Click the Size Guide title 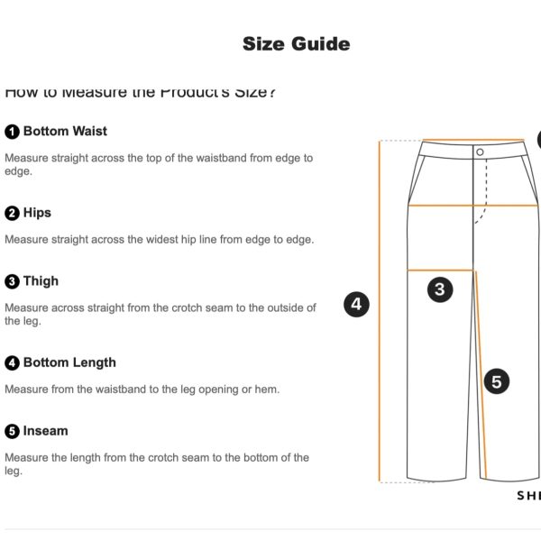[x=296, y=43]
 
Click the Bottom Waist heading [x=65, y=131]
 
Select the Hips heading [x=37, y=213]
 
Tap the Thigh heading [x=41, y=281]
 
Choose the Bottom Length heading [x=69, y=362]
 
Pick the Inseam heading [x=45, y=431]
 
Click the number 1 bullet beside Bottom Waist [x=12, y=132]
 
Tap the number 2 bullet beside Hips [x=12, y=214]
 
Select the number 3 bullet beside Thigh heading [x=12, y=282]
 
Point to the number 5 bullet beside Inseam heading [x=12, y=432]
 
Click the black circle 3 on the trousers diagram [x=439, y=289]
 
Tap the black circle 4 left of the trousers [x=356, y=304]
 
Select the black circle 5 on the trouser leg [x=496, y=381]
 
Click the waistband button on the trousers [x=480, y=151]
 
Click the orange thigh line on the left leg [x=441, y=270]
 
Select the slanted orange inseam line [x=481, y=379]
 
